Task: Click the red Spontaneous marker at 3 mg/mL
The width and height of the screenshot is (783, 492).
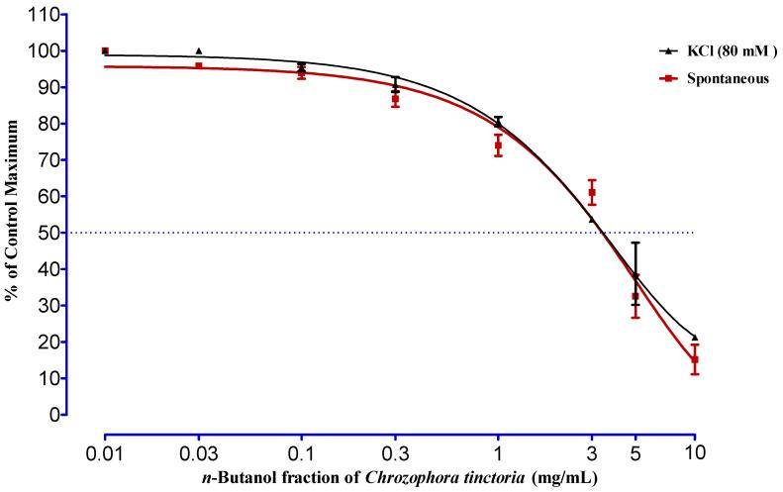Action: pos(592,192)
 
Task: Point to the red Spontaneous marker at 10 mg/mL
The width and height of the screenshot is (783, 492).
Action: pos(695,360)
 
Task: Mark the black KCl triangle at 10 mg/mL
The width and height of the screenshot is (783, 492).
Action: pos(695,338)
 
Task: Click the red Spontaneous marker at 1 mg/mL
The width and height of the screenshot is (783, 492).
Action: pos(498,146)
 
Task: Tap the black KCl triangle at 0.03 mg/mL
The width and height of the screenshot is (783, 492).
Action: pos(199,51)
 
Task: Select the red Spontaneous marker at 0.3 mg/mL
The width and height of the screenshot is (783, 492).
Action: pos(395,99)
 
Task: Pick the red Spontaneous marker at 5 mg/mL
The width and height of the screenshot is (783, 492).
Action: pos(636,296)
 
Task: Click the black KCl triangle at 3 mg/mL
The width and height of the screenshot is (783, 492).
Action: pos(592,220)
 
